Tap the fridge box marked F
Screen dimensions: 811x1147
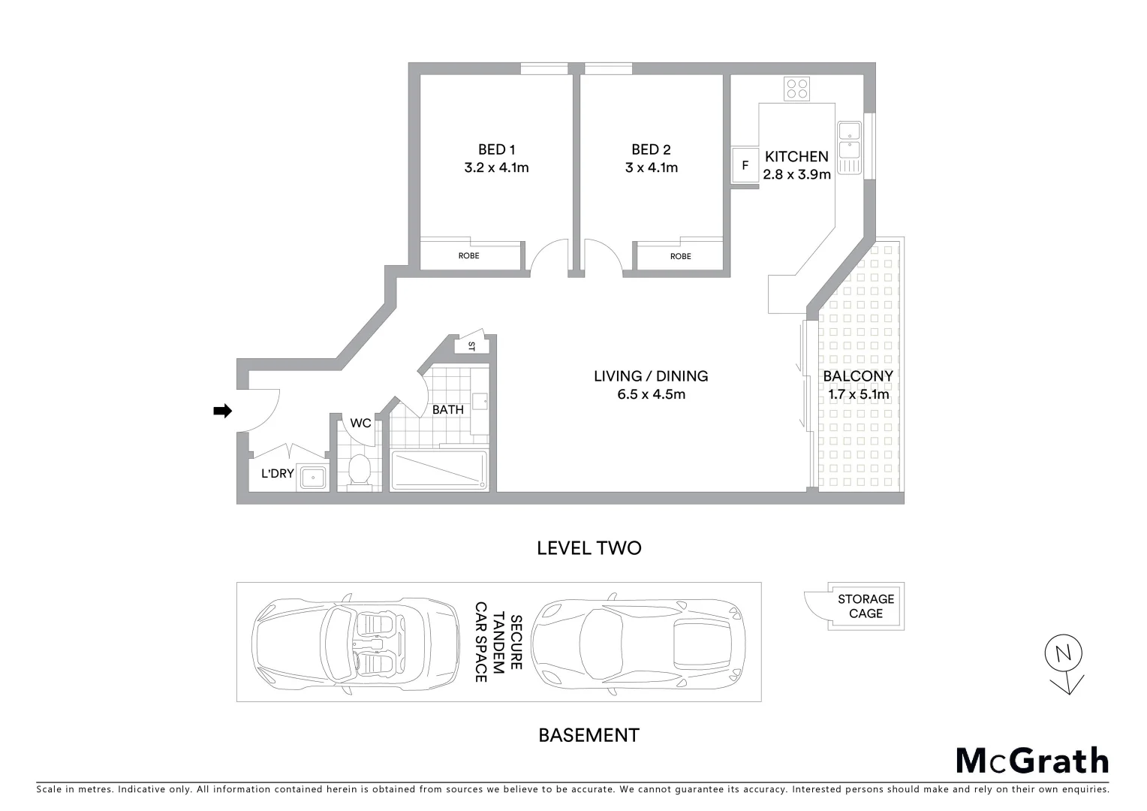coord(745,165)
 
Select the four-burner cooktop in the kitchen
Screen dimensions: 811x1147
coord(796,89)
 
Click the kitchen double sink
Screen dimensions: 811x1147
coord(849,147)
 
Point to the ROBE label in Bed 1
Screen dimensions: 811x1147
coord(469,256)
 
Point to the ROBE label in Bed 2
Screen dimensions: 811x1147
coord(680,257)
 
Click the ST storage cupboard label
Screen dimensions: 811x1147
coord(472,346)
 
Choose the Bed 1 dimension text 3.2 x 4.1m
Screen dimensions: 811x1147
coord(496,167)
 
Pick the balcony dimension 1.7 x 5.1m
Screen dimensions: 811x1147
coord(858,394)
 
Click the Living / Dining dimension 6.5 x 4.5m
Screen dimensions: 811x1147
coord(651,394)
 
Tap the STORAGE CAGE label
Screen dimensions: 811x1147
coord(866,606)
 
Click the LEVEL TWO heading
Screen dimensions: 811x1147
coord(589,548)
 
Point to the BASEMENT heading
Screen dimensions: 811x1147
coord(589,735)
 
